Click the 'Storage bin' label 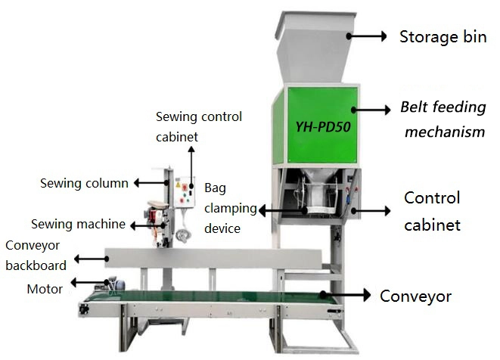point(443,36)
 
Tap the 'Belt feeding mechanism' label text point(443,119)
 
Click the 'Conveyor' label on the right point(415,296)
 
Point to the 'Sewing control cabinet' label point(199,127)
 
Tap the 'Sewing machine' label point(78,224)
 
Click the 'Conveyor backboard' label point(36,255)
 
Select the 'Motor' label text point(45,288)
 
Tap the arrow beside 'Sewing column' point(151,182)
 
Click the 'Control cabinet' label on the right point(432,211)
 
